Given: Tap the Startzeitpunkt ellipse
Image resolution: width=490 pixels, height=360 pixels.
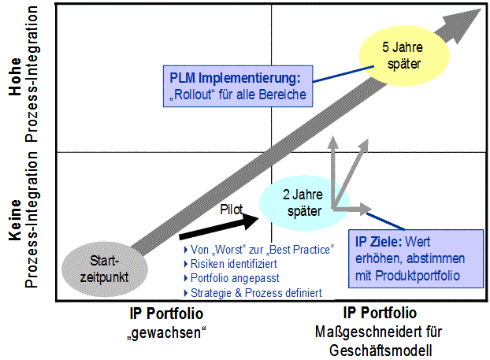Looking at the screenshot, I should (104, 268).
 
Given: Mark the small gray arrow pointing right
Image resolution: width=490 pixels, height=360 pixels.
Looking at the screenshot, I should (355, 209).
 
